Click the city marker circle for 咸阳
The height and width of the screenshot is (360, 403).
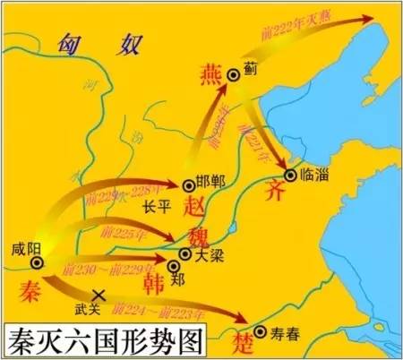tap(37, 263)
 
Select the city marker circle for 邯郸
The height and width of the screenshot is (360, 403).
tap(189, 185)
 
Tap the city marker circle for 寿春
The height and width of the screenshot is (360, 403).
tap(259, 331)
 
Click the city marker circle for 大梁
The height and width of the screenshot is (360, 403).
tap(185, 253)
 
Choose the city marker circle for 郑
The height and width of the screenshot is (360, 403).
tap(174, 265)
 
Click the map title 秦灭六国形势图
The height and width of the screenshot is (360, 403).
tap(101, 341)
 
